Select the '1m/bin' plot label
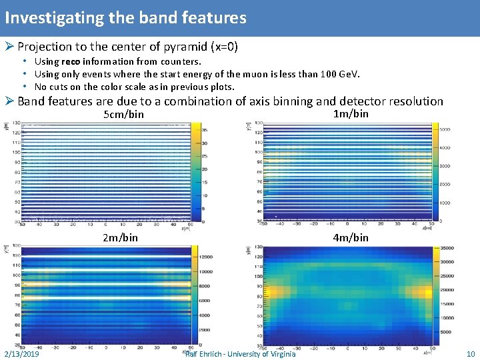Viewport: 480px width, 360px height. point(351,114)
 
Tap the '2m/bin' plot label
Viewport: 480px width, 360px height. point(121,237)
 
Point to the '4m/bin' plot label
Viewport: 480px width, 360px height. point(351,237)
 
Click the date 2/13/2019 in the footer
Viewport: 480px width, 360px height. point(21,353)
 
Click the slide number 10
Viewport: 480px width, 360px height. point(471,353)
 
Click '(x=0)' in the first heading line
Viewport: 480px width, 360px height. point(223,47)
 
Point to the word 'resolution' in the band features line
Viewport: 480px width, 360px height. point(413,101)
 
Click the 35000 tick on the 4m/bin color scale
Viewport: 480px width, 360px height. point(447,248)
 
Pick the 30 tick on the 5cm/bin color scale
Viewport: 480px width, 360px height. point(206,143)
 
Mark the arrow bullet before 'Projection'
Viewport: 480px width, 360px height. point(9,47)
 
